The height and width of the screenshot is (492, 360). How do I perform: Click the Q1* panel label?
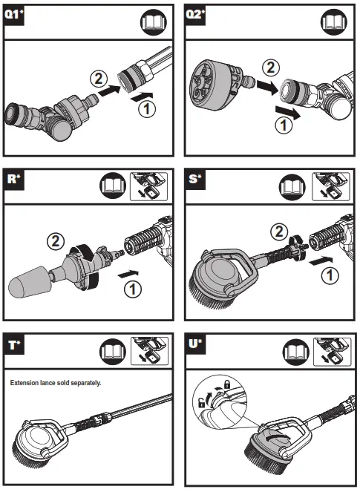[13, 15]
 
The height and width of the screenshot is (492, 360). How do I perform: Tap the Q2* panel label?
[195, 15]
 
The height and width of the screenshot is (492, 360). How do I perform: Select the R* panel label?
[13, 180]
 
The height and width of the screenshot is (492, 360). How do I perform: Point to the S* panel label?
[195, 180]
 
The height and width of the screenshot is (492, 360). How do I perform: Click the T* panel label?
[14, 345]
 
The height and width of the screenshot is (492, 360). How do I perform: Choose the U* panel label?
[196, 344]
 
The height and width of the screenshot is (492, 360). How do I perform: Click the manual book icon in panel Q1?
[153, 22]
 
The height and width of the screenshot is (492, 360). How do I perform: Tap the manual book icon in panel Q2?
[334, 22]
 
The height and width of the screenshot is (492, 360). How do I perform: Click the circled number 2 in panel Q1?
[99, 79]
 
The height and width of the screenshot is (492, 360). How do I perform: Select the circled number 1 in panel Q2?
[284, 125]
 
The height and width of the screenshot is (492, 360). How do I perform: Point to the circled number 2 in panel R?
[56, 241]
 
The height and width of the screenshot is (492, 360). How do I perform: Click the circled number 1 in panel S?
[330, 276]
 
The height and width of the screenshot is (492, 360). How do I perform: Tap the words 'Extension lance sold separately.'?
[56, 383]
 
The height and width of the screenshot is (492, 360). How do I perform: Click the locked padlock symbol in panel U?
[226, 384]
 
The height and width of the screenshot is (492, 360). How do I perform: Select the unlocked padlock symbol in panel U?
[202, 402]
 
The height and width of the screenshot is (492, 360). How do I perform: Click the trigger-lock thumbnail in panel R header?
[148, 186]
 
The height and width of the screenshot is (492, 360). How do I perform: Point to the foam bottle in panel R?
[29, 282]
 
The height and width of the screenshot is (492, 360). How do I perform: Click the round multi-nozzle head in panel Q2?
[211, 85]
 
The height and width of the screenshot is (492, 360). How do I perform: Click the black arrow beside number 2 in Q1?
[109, 90]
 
